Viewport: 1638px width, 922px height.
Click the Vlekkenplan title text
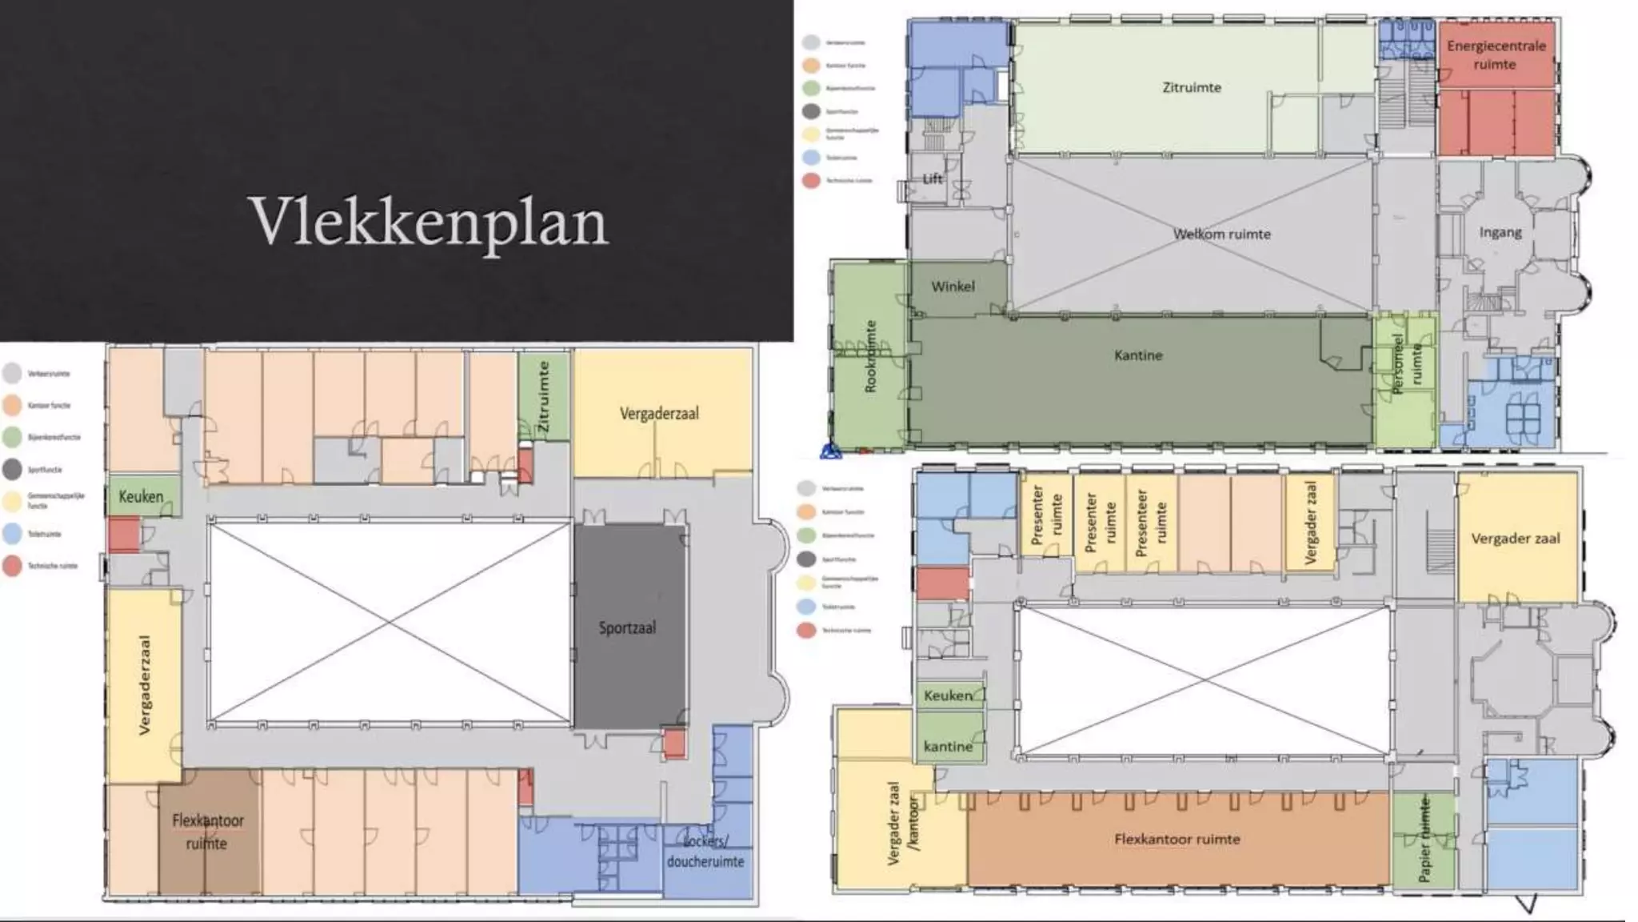pos(429,222)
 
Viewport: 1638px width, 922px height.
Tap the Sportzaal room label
pos(627,628)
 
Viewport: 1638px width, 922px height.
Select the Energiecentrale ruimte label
pos(1496,54)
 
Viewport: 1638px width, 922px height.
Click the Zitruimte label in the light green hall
pos(1191,87)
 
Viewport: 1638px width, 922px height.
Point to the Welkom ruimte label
pos(1221,235)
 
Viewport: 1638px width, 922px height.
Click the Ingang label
pos(1500,232)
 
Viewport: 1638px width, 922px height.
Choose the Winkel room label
pos(953,287)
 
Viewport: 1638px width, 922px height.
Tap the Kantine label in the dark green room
pos(1138,355)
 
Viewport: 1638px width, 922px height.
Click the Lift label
pos(933,178)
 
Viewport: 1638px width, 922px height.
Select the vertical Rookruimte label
pos(871,356)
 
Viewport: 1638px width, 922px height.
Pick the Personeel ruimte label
pos(1407,364)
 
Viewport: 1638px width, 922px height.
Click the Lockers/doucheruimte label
pos(705,852)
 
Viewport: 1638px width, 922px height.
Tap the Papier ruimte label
pos(1424,838)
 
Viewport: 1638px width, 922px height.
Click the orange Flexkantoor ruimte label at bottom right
pos(1177,840)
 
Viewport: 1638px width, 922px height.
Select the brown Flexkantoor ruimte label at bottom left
pos(208,832)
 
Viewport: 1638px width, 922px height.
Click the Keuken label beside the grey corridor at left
pos(141,496)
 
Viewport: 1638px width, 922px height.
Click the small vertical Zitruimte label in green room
pos(543,397)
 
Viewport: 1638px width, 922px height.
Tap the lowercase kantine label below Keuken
pos(948,747)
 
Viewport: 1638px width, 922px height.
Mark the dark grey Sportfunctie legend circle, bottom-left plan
pos(12,470)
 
